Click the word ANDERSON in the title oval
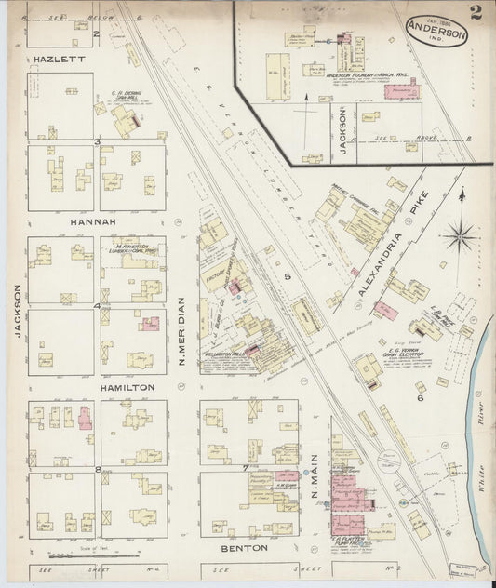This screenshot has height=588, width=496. (x=436, y=33)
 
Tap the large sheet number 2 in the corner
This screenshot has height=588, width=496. (x=476, y=12)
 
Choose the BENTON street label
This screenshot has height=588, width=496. (x=245, y=549)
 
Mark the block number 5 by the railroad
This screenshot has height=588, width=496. (x=288, y=277)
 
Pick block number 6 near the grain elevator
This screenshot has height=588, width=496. (x=420, y=397)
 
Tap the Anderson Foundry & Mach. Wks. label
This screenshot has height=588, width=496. (x=369, y=73)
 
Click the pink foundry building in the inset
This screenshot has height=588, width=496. (x=402, y=92)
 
